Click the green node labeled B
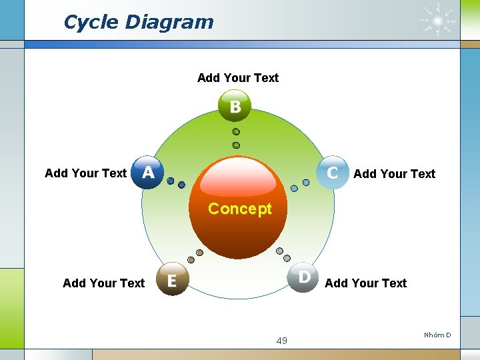(x=235, y=107)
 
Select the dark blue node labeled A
(x=147, y=173)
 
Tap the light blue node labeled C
(x=332, y=173)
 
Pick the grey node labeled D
(x=303, y=276)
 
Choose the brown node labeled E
(x=171, y=281)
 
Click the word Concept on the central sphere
(x=239, y=209)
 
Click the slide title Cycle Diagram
(x=138, y=22)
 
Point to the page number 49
(x=281, y=341)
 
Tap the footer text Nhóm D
(x=437, y=335)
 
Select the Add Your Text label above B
(x=238, y=78)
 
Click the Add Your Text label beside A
(x=85, y=173)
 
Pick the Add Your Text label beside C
(x=394, y=174)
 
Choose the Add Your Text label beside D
(x=365, y=283)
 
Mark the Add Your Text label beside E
(x=103, y=283)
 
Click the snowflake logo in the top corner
(x=438, y=21)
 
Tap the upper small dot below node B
(x=236, y=132)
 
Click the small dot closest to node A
(x=171, y=181)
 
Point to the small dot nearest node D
(x=287, y=259)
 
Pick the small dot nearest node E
(x=191, y=259)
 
